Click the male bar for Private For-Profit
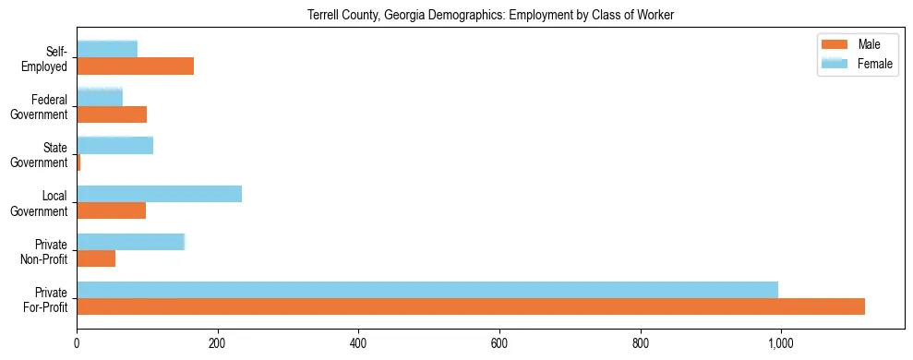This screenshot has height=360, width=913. pyautogui.click(x=471, y=306)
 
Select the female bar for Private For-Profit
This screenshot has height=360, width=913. pyautogui.click(x=427, y=290)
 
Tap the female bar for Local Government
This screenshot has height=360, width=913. pyautogui.click(x=159, y=194)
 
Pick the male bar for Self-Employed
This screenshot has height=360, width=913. pyautogui.click(x=135, y=66)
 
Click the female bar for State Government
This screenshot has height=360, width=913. pyautogui.click(x=114, y=146)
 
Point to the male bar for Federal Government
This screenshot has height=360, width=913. pyautogui.click(x=112, y=114)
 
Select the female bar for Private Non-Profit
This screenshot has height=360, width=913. pyautogui.click(x=130, y=242)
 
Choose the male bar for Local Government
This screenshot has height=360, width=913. pyautogui.click(x=111, y=210)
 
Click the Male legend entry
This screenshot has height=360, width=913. pyautogui.click(x=856, y=44)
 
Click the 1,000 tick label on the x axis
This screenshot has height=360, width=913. pyautogui.click(x=780, y=343)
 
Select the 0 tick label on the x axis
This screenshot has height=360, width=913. pyautogui.click(x=77, y=343)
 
